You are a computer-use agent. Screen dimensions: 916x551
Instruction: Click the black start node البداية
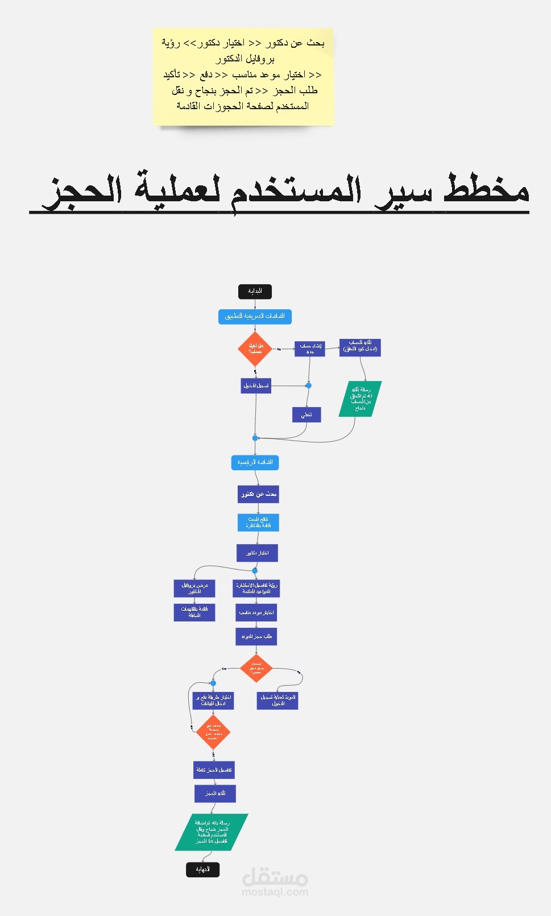coord(255,291)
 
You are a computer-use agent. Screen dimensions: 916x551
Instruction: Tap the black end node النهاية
coord(202,869)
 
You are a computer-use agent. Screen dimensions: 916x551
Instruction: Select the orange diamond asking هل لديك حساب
coord(255,349)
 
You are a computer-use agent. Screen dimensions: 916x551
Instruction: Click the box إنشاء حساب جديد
coord(309,349)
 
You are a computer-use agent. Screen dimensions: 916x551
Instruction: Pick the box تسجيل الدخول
coord(256,386)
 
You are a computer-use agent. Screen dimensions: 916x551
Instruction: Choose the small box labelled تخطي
coord(306,415)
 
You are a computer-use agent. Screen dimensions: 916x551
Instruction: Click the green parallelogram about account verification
coord(360,399)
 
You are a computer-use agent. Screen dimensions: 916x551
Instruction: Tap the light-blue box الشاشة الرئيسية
coord(255,462)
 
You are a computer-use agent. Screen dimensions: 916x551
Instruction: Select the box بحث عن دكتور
coord(258,494)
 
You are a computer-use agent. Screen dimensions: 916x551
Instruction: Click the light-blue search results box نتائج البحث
coord(258,523)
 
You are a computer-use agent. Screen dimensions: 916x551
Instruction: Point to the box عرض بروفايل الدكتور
coord(194,588)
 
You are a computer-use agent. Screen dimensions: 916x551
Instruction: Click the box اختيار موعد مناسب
coord(256,612)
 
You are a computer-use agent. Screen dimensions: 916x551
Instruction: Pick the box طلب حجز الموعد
coord(256,636)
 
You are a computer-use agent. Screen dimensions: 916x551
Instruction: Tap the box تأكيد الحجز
coord(215,793)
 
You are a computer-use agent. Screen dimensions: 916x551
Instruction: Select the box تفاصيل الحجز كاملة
coord(214,770)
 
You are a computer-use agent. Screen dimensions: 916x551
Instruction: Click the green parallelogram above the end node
coord(212,832)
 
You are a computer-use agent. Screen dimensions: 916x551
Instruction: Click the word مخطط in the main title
coord(486,189)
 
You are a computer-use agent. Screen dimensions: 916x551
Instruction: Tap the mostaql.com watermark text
coord(275,892)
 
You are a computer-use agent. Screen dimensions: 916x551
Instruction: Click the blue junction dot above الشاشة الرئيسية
coord(255,438)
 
